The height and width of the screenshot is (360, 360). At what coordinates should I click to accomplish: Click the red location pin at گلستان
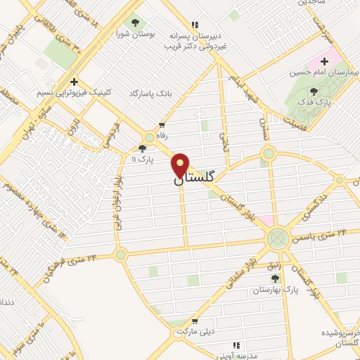click(181, 166)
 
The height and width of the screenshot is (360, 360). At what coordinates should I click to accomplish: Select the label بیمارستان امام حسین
click(323, 72)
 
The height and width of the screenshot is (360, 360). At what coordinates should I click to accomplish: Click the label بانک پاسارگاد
click(150, 94)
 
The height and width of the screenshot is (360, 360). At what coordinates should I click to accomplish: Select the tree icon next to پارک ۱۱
click(143, 148)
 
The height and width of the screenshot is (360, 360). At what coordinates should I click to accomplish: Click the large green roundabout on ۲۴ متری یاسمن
click(278, 238)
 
